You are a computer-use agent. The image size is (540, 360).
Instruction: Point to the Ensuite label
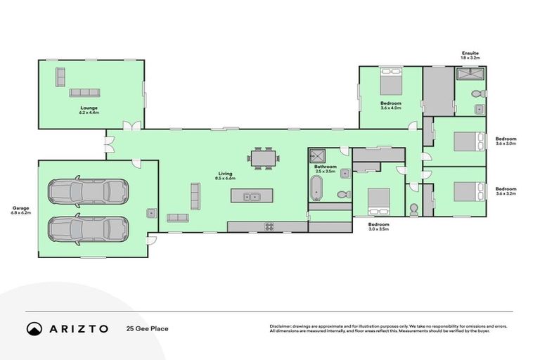[470, 54]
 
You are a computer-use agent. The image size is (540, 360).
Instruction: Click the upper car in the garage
[88, 190]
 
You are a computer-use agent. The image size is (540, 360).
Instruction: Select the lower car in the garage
[88, 228]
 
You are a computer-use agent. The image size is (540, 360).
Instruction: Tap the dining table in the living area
[263, 159]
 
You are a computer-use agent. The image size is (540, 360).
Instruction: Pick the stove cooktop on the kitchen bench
[269, 225]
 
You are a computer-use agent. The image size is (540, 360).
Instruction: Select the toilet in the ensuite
[475, 94]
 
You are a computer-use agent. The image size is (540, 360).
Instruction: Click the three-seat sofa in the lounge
[84, 93]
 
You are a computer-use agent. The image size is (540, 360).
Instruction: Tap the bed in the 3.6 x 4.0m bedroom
[391, 84]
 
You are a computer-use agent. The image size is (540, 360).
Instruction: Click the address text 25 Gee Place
[147, 328]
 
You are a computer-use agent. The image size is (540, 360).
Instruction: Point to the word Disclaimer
[281, 326]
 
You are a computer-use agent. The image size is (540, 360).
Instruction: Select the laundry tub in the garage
[150, 213]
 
